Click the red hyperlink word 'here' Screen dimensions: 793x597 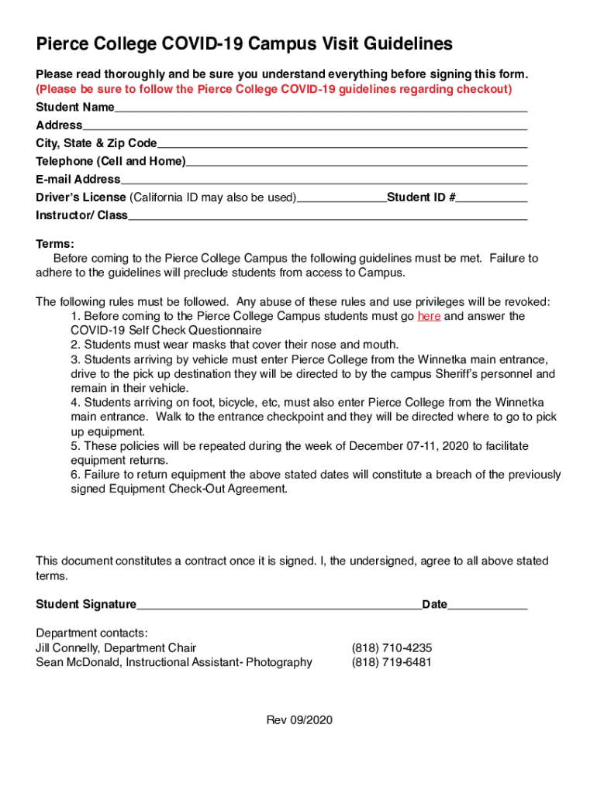[429, 316]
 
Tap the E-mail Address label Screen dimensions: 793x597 [78, 179]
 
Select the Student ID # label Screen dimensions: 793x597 [421, 197]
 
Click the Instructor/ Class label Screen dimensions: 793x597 [81, 215]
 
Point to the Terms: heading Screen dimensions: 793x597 [55, 243]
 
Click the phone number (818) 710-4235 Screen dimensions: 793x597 [392, 647]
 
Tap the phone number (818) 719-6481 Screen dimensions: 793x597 [392, 662]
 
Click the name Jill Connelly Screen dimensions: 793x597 [67, 647]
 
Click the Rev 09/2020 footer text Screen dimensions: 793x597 [299, 720]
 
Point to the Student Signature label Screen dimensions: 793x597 [86, 604]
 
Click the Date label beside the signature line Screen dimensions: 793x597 [434, 604]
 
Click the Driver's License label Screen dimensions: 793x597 [81, 197]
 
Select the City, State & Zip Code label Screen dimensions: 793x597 [96, 143]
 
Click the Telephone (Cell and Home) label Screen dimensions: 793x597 [111, 161]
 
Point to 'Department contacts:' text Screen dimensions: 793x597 [91, 633]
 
